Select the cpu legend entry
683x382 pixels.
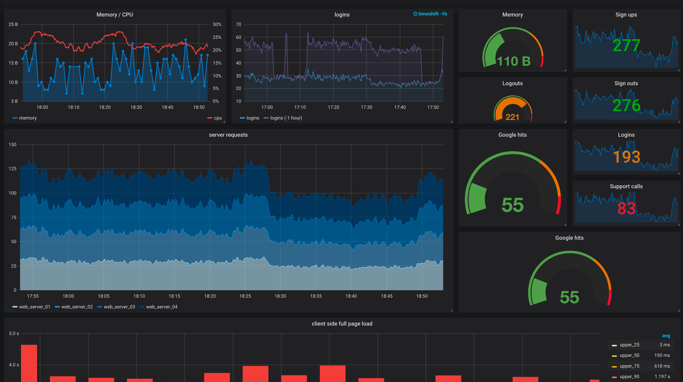click(218, 118)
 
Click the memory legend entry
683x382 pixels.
click(28, 118)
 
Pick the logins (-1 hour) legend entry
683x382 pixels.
click(286, 118)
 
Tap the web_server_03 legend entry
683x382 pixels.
click(119, 307)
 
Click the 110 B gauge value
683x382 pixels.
click(513, 61)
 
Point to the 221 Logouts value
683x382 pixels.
click(512, 117)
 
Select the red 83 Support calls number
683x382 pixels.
click(626, 208)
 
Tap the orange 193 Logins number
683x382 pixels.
click(626, 157)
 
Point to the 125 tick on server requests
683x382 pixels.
click(12, 169)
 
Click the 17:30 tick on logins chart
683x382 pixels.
click(366, 107)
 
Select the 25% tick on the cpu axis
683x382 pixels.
click(217, 37)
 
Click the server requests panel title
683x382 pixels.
click(228, 135)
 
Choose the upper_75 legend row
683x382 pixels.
click(629, 366)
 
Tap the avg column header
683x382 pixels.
click(666, 336)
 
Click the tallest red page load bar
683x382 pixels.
click(29, 363)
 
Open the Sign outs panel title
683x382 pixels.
click(626, 83)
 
